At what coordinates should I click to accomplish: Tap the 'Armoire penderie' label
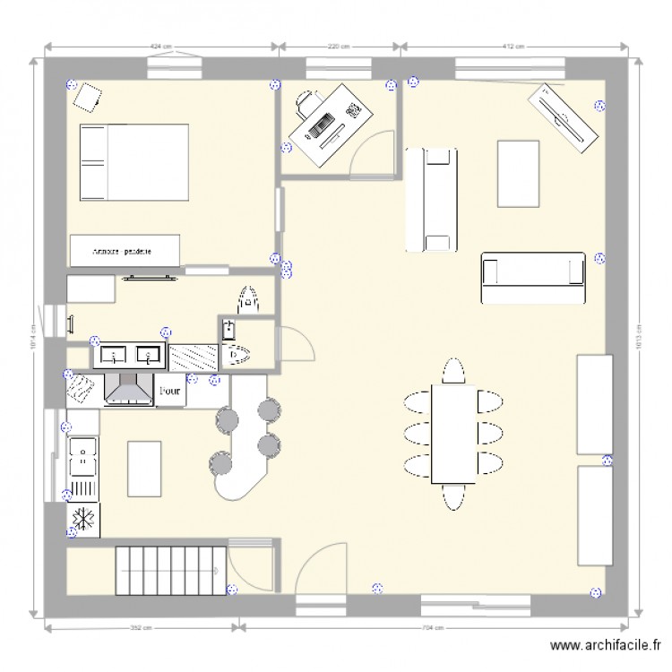click(x=122, y=252)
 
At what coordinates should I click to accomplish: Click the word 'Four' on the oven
click(x=169, y=391)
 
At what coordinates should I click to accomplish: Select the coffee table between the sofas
click(x=518, y=173)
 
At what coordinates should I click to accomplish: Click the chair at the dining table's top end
click(x=454, y=370)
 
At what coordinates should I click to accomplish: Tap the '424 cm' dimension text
click(x=160, y=45)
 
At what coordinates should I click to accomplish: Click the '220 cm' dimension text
click(x=339, y=45)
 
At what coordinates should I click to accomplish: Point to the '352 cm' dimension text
click(x=137, y=627)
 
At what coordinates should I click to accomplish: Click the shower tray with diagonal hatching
click(x=193, y=358)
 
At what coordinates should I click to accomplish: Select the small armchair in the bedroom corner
click(x=87, y=94)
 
